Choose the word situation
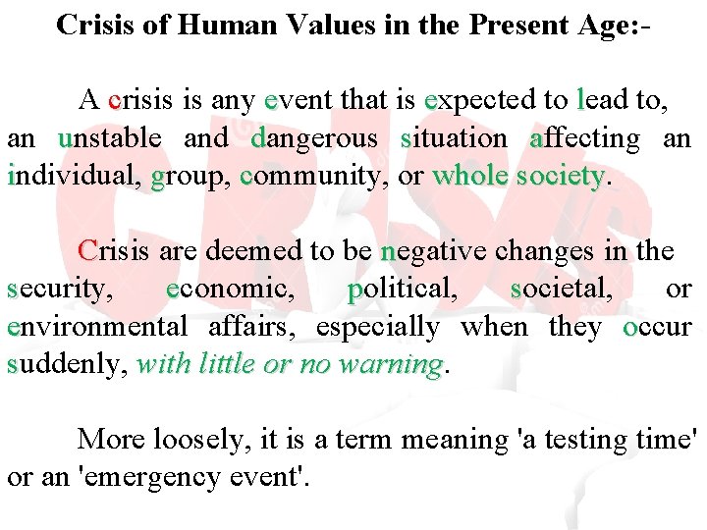(x=454, y=138)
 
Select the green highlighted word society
(x=560, y=177)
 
